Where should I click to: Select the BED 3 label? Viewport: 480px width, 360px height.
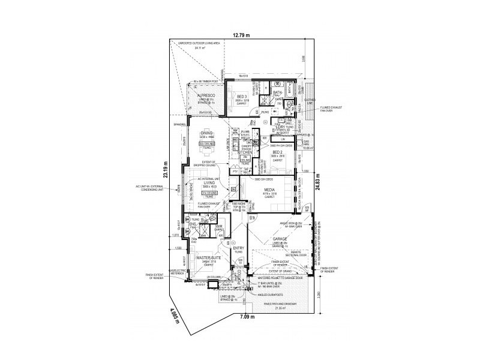point(241,96)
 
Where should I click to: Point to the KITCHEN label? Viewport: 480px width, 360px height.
point(246,153)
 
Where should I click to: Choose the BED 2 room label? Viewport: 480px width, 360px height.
point(277,152)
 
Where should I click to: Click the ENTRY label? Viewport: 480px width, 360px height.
point(238,248)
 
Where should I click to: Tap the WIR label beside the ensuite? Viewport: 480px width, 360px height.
point(219,226)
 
